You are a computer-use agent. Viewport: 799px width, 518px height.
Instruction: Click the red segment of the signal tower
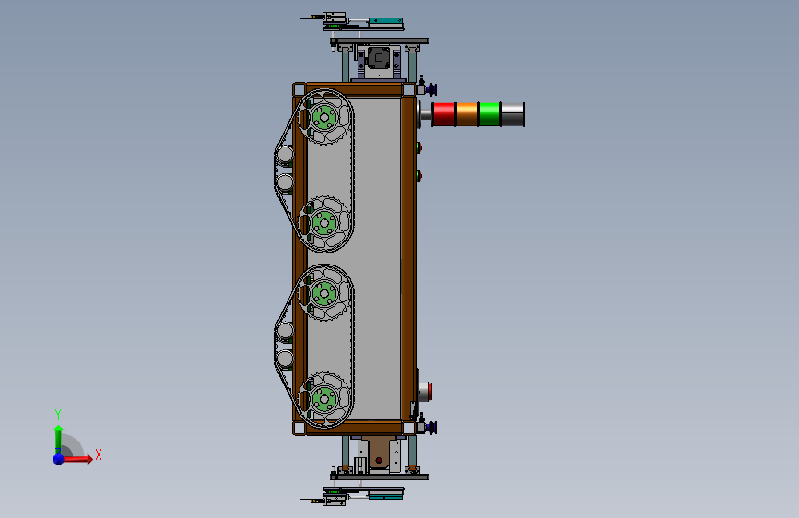(444, 114)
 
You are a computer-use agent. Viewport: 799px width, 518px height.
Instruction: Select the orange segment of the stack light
(467, 114)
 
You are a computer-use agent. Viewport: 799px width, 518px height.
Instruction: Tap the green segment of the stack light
(490, 114)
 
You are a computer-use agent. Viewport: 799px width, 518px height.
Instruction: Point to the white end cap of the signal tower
(513, 114)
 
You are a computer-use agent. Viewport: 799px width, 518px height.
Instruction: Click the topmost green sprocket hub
(324, 118)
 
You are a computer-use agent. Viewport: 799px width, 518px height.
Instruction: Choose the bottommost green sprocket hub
(324, 399)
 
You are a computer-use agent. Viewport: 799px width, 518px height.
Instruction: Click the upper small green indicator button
(418, 147)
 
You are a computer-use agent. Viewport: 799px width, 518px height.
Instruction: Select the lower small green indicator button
(418, 176)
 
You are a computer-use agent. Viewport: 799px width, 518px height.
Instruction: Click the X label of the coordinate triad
(99, 454)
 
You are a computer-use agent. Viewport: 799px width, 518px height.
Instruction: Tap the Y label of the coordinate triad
(58, 414)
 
